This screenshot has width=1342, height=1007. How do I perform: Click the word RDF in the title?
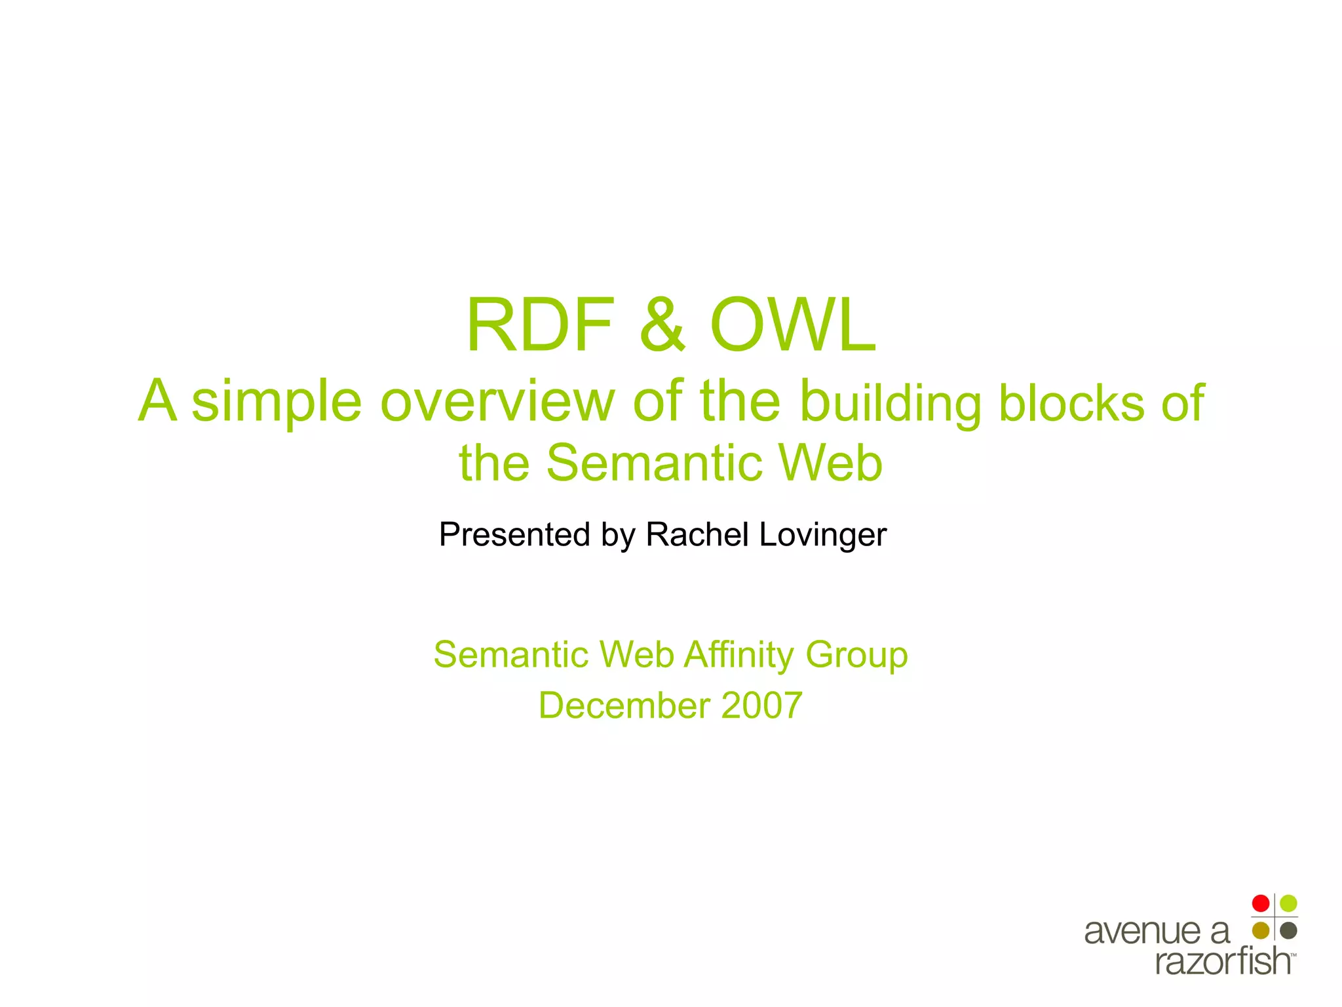coord(539,326)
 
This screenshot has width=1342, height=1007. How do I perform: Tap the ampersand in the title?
coord(662,326)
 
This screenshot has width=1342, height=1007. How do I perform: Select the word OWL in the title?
coord(793,326)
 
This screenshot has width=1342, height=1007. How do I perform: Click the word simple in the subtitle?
coord(277,401)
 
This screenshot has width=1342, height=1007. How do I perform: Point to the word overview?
coord(497,401)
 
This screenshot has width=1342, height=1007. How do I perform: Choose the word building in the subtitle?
coord(891,403)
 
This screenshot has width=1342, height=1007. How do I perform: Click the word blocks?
coord(1071,403)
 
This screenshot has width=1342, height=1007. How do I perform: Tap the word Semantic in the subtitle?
coord(653,463)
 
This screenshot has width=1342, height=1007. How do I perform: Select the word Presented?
coord(514,534)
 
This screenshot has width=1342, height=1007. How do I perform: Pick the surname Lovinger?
coord(823,534)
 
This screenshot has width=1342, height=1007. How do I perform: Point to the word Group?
coord(856,655)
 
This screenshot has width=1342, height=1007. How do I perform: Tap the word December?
coord(624,705)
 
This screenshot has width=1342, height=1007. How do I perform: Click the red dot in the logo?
coord(1260,903)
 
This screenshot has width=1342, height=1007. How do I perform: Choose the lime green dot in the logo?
coord(1288,903)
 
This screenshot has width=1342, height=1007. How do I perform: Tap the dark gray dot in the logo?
coord(1288,930)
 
